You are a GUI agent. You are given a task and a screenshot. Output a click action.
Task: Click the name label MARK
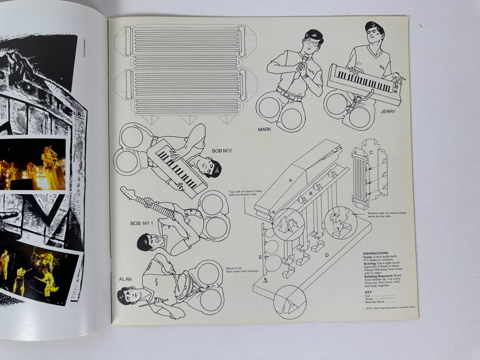[265, 130]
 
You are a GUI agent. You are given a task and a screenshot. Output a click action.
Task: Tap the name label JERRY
[388, 112]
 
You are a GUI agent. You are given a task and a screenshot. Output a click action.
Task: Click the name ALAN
[125, 278]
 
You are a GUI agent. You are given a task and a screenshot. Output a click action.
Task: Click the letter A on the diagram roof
[291, 180]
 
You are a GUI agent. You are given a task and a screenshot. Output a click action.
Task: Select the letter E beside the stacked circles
[261, 257]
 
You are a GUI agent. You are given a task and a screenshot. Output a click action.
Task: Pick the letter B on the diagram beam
[310, 193]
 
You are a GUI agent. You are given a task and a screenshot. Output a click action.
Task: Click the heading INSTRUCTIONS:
[375, 253]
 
